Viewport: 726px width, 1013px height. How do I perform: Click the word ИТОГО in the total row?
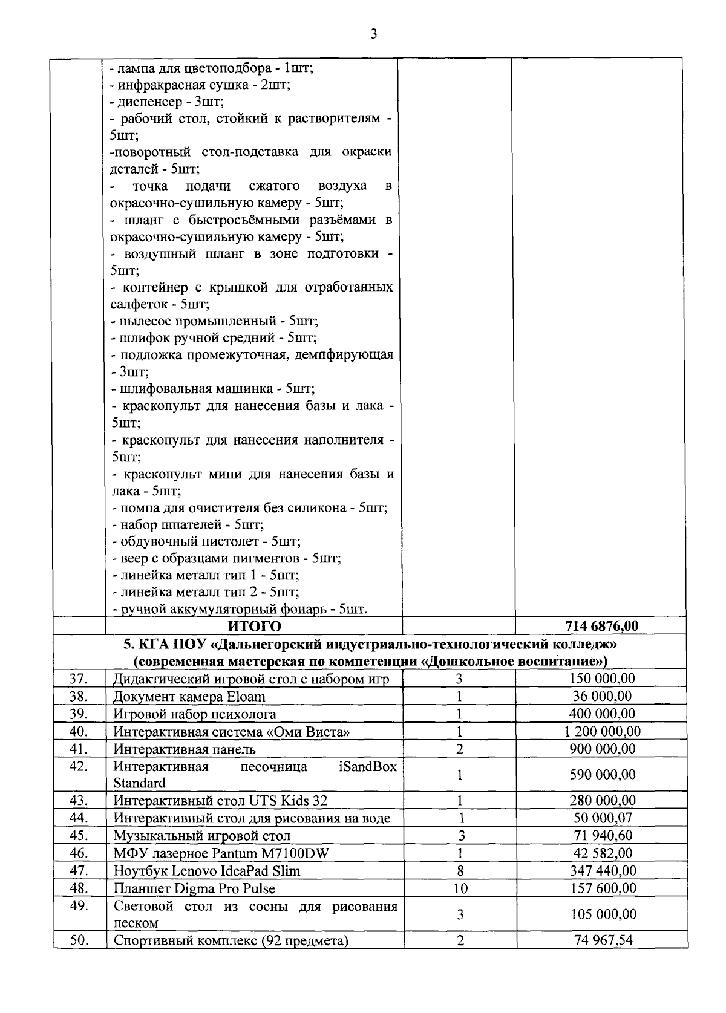(x=254, y=625)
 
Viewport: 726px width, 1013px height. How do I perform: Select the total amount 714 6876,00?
(x=601, y=625)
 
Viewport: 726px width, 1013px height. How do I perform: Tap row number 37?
(x=79, y=679)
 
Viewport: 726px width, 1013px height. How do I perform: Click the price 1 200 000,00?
(x=602, y=731)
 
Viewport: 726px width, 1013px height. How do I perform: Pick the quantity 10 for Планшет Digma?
(x=460, y=888)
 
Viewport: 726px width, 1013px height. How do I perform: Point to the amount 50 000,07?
(x=603, y=818)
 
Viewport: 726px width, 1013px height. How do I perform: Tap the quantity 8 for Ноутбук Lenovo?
(x=460, y=871)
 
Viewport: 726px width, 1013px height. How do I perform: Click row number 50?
(x=79, y=940)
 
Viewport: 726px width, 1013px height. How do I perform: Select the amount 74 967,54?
(x=603, y=940)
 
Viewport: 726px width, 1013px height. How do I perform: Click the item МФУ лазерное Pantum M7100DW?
(x=221, y=853)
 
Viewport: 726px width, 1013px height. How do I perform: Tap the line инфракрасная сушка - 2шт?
(x=201, y=85)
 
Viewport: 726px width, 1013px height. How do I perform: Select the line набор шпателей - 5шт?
(x=188, y=524)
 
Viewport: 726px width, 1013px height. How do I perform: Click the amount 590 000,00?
(x=603, y=775)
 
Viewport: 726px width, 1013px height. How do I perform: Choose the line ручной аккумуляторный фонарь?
(x=240, y=609)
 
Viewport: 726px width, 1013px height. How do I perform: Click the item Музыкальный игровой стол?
(x=202, y=836)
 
